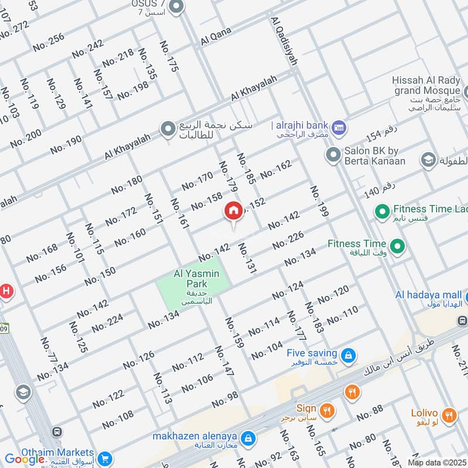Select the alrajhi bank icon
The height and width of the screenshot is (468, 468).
(339, 127)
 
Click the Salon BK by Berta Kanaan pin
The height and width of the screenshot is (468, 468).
(333, 155)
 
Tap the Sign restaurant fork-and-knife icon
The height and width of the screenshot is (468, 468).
(327, 410)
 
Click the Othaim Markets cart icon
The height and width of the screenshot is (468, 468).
(105, 457)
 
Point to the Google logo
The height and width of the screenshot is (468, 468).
(25, 459)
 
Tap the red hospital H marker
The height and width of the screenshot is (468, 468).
(6, 290)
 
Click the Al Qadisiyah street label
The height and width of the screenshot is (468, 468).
(284, 41)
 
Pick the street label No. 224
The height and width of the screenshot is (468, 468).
(108, 322)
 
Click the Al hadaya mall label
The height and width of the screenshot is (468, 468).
(428, 294)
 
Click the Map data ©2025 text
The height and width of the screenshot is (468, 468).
(436, 462)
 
